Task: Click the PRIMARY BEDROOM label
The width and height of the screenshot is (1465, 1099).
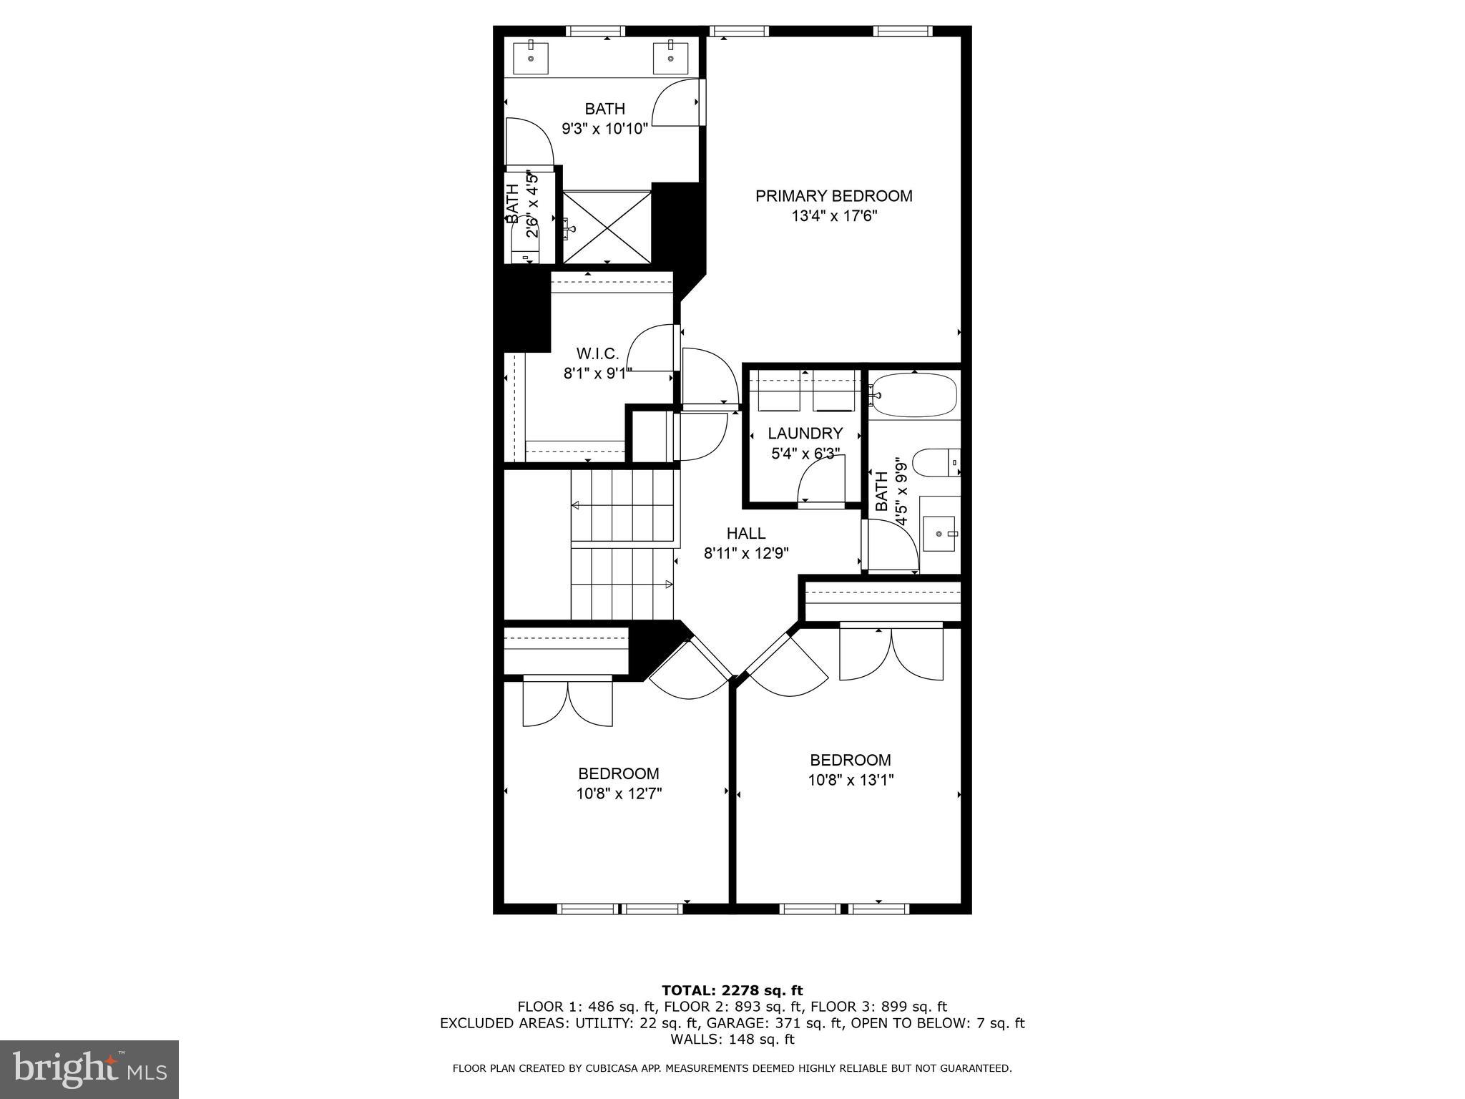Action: point(833,196)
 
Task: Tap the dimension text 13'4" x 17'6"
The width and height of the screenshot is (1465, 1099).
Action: point(833,216)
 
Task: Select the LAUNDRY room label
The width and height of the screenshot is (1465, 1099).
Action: point(805,434)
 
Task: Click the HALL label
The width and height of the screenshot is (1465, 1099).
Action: point(746,533)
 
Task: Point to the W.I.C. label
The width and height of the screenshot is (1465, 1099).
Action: point(597,353)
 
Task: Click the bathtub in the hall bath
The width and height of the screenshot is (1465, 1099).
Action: point(914,395)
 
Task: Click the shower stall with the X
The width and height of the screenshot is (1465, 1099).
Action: point(607,227)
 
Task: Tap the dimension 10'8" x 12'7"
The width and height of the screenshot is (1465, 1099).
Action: point(619,793)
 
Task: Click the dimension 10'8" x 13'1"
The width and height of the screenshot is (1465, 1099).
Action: point(851,780)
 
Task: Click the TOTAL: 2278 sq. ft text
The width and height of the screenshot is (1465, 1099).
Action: point(732,990)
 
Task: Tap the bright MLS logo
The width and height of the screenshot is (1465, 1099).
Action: point(89,1070)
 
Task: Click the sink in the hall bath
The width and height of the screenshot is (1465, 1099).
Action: point(939,534)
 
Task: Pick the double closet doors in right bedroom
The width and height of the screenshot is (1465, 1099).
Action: point(891,653)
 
